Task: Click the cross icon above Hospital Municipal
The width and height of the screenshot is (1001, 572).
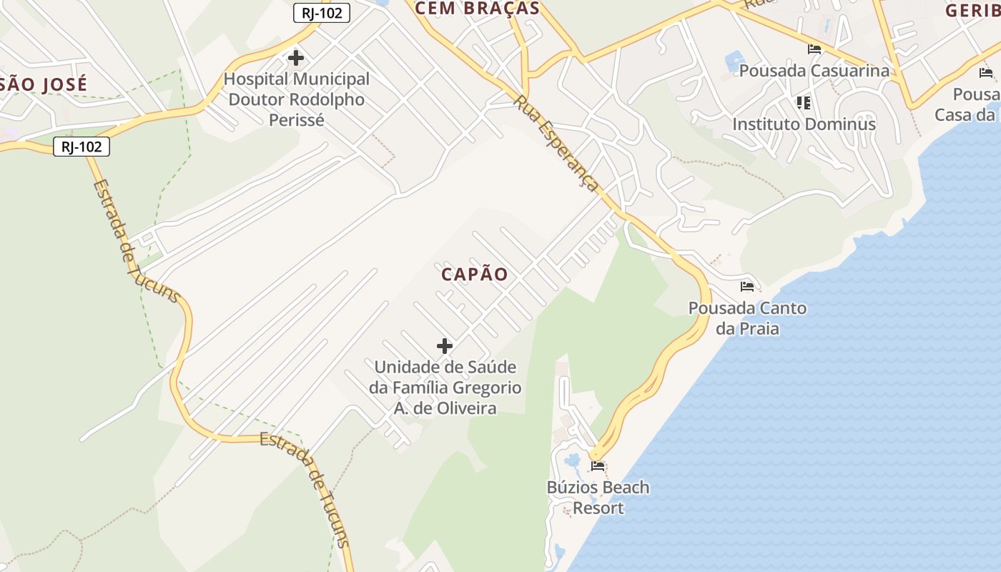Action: (x=295, y=58)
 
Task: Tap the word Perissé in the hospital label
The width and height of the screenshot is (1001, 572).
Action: (x=297, y=119)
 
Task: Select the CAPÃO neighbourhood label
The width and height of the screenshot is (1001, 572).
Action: (x=475, y=275)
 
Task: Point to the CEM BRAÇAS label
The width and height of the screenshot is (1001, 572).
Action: (x=477, y=9)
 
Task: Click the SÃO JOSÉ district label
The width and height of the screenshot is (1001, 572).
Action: (x=44, y=84)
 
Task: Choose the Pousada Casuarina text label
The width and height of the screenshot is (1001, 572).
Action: (x=814, y=71)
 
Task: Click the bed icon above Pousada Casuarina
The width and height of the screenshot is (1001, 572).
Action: (x=814, y=49)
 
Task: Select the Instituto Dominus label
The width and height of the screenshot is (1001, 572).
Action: (x=804, y=124)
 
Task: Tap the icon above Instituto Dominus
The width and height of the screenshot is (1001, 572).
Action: (x=804, y=103)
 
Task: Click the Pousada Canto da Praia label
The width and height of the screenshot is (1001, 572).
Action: (x=747, y=318)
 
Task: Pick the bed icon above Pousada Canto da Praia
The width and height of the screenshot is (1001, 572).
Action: (x=747, y=287)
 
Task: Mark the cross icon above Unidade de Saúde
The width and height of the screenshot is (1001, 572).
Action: (x=445, y=346)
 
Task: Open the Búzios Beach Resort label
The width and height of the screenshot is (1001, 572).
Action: (x=598, y=498)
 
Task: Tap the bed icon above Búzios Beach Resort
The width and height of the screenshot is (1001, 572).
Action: (x=598, y=466)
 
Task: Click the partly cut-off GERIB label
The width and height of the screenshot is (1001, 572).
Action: (x=972, y=11)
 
